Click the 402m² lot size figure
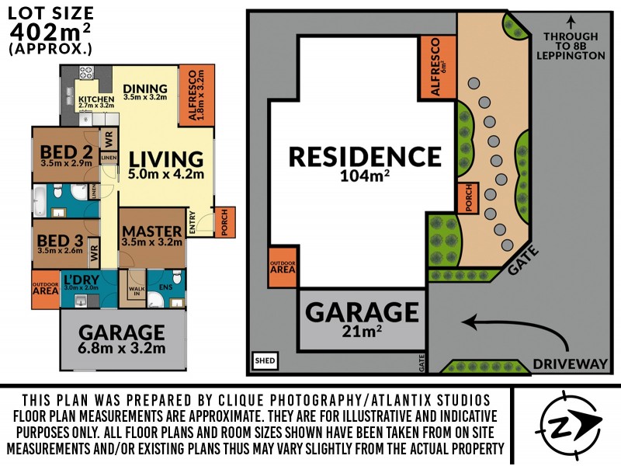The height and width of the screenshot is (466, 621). click(x=50, y=30)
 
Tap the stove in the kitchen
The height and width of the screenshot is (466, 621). click(x=86, y=75)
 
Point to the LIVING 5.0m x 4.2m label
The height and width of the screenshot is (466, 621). click(x=166, y=164)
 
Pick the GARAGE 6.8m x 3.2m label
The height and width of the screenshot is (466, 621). click(x=122, y=339)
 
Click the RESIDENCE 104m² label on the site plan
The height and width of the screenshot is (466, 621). click(x=364, y=162)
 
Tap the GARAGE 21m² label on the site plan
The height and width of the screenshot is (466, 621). click(x=361, y=318)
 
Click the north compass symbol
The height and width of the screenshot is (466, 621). click(x=571, y=423)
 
